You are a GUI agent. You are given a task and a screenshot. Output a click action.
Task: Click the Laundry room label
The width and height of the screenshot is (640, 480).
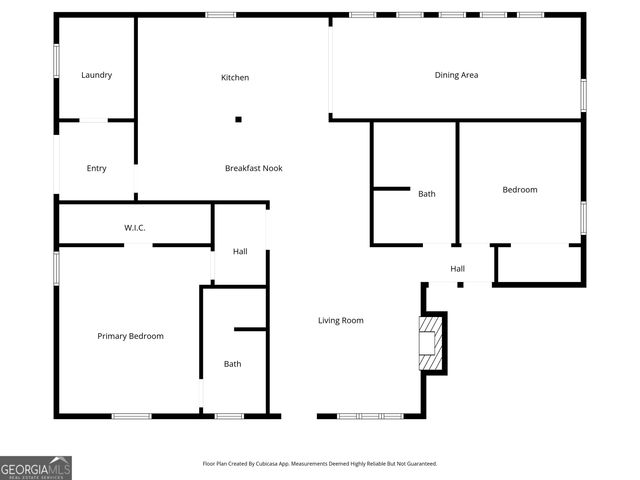(x=96, y=75)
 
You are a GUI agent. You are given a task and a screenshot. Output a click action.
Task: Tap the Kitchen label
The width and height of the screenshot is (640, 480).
(x=235, y=78)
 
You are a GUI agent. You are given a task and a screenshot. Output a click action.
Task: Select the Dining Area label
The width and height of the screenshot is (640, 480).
(x=456, y=75)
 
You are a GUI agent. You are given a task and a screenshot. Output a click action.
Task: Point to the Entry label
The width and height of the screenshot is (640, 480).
(x=96, y=168)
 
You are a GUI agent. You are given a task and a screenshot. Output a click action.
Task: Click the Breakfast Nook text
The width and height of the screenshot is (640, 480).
(x=253, y=168)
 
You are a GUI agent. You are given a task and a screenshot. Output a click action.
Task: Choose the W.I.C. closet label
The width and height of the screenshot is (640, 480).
(x=135, y=228)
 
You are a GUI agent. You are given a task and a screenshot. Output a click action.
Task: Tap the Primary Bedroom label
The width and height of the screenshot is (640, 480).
(x=130, y=336)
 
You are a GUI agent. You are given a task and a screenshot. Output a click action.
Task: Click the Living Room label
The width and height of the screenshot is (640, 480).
(x=340, y=320)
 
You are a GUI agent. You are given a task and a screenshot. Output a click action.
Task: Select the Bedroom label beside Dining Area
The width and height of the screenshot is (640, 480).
(x=519, y=190)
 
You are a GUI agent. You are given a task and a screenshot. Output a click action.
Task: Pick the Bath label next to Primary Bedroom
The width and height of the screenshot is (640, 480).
(x=232, y=364)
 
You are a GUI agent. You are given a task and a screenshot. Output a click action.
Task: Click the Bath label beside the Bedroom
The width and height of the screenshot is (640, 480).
(x=427, y=194)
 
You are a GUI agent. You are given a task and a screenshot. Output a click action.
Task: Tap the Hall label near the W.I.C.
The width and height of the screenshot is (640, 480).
(x=240, y=251)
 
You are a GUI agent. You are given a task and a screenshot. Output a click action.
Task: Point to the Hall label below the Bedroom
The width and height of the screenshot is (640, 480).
(x=457, y=268)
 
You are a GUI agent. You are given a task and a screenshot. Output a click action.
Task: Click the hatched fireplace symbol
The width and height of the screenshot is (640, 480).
(x=430, y=342)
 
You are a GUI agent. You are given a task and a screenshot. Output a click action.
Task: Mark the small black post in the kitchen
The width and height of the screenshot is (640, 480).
(x=238, y=120)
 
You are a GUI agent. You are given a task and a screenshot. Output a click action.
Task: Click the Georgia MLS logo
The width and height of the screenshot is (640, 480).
(x=36, y=467)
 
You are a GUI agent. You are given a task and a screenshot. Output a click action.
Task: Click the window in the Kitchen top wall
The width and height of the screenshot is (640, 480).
(x=220, y=14)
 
